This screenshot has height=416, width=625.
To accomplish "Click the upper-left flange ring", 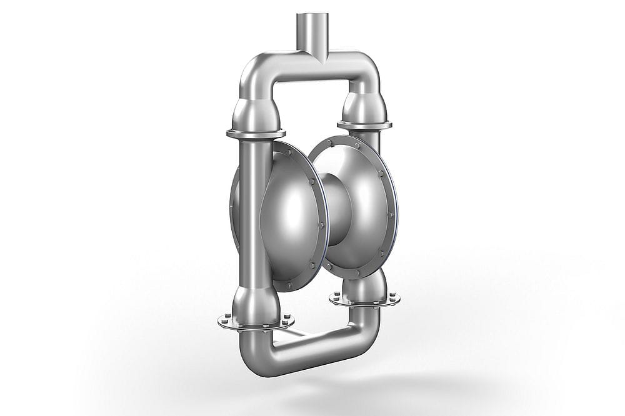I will click(256, 133).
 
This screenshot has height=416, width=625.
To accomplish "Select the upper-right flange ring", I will click(364, 125).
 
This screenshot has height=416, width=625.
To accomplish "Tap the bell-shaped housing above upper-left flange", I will click(252, 112).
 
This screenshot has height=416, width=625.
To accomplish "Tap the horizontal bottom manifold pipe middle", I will click(312, 350).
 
